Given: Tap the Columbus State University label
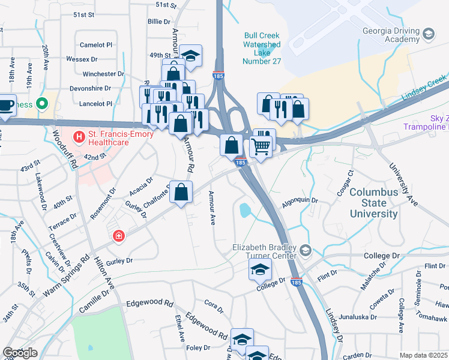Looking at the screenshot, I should pyautogui.click(x=373, y=203).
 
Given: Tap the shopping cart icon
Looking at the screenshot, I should pyautogui.click(x=260, y=146).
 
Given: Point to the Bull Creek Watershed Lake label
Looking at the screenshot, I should pyautogui.click(x=262, y=48).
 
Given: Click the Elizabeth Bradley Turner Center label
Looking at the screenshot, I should pyautogui.click(x=265, y=251).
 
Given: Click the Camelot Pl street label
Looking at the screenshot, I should pyautogui.click(x=97, y=45).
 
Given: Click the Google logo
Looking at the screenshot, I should pyautogui.click(x=20, y=353).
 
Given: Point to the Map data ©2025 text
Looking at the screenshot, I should pyautogui.click(x=423, y=355).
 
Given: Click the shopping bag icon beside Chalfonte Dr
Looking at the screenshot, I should pyautogui.click(x=182, y=192).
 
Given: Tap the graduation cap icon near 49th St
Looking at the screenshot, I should pyautogui.click(x=191, y=56).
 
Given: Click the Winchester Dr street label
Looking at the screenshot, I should pyautogui.click(x=103, y=74).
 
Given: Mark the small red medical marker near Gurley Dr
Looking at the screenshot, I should pyautogui.click(x=119, y=236).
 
